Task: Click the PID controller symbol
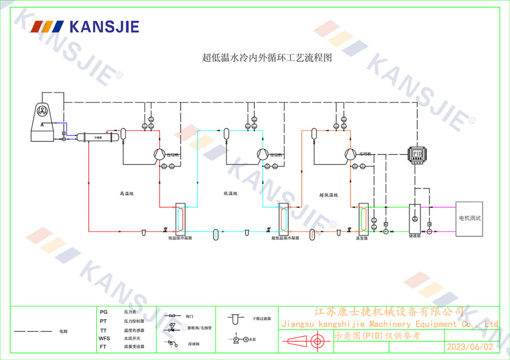point(417,153)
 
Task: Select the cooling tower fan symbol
point(42,112)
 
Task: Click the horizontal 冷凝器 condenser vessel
point(96,137)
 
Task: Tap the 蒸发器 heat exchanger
point(363,218)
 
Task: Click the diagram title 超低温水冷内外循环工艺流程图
point(267,58)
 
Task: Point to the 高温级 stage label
point(126,194)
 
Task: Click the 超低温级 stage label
point(329,194)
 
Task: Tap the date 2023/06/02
point(470,347)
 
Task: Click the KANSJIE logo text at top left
point(104,27)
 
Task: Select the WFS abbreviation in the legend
point(104,338)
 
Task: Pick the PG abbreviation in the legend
point(104,312)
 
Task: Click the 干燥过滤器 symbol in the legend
point(235,319)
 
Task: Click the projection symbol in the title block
point(305,341)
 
